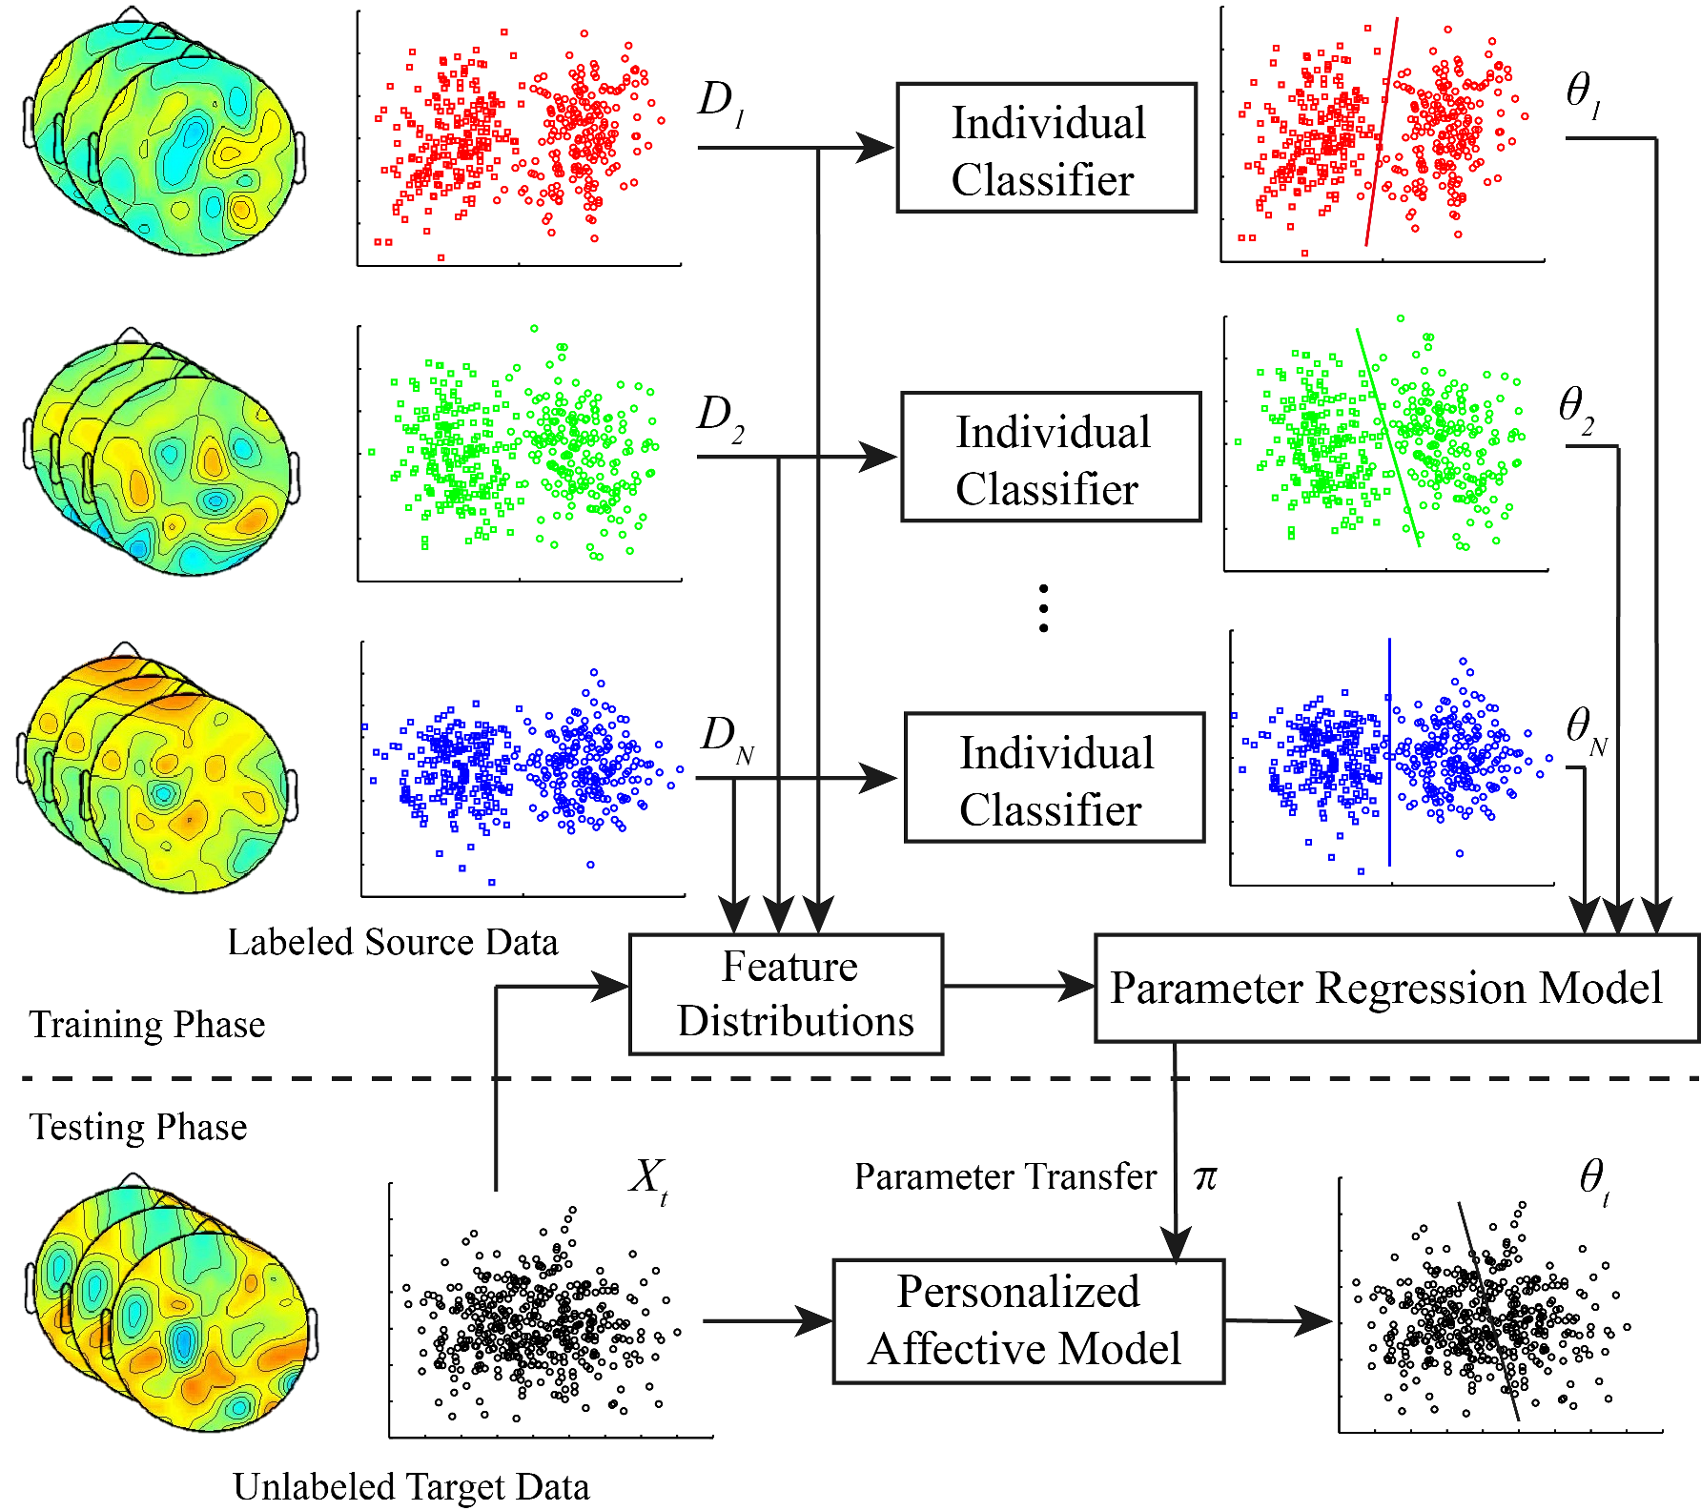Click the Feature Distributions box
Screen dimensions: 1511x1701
click(x=786, y=994)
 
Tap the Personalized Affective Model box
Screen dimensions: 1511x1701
click(x=1028, y=1321)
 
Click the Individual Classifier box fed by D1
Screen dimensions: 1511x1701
click(x=1046, y=148)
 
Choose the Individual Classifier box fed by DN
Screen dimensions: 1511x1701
click(x=1054, y=778)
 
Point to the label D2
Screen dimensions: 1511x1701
click(x=720, y=418)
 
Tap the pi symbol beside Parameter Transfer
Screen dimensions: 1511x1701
click(x=1205, y=1177)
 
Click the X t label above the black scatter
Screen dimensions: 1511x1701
click(x=649, y=1180)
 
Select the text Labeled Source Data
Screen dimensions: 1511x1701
click(x=392, y=942)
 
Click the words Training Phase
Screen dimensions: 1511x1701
click(x=147, y=1025)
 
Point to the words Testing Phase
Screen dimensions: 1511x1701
click(x=138, y=1127)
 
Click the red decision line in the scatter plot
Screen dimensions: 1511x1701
click(x=1382, y=133)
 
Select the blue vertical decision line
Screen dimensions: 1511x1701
click(x=1389, y=753)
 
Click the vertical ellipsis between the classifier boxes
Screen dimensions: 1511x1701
click(x=1044, y=608)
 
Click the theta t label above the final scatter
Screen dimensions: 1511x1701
click(x=1593, y=1180)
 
